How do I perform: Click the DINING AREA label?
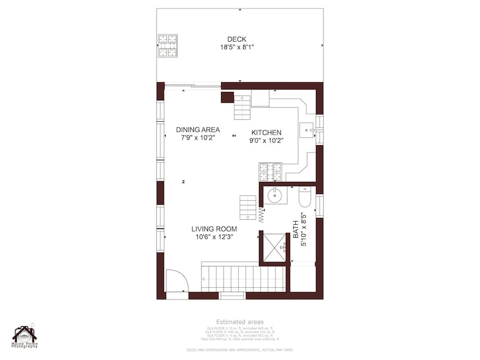pyautogui.click(x=198, y=130)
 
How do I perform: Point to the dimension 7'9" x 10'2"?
pyautogui.click(x=198, y=138)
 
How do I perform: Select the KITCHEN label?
pyautogui.click(x=266, y=133)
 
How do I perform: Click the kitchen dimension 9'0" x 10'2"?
pyautogui.click(x=266, y=141)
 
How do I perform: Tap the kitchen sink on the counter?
pyautogui.click(x=307, y=130)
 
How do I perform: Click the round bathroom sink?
pyautogui.click(x=275, y=197)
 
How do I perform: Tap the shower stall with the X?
pyautogui.click(x=274, y=246)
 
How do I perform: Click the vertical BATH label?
pyautogui.click(x=296, y=230)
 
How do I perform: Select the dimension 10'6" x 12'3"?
pyautogui.click(x=214, y=237)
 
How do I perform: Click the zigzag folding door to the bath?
pyautogui.click(x=261, y=214)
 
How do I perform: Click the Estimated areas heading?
pyautogui.click(x=239, y=322)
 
